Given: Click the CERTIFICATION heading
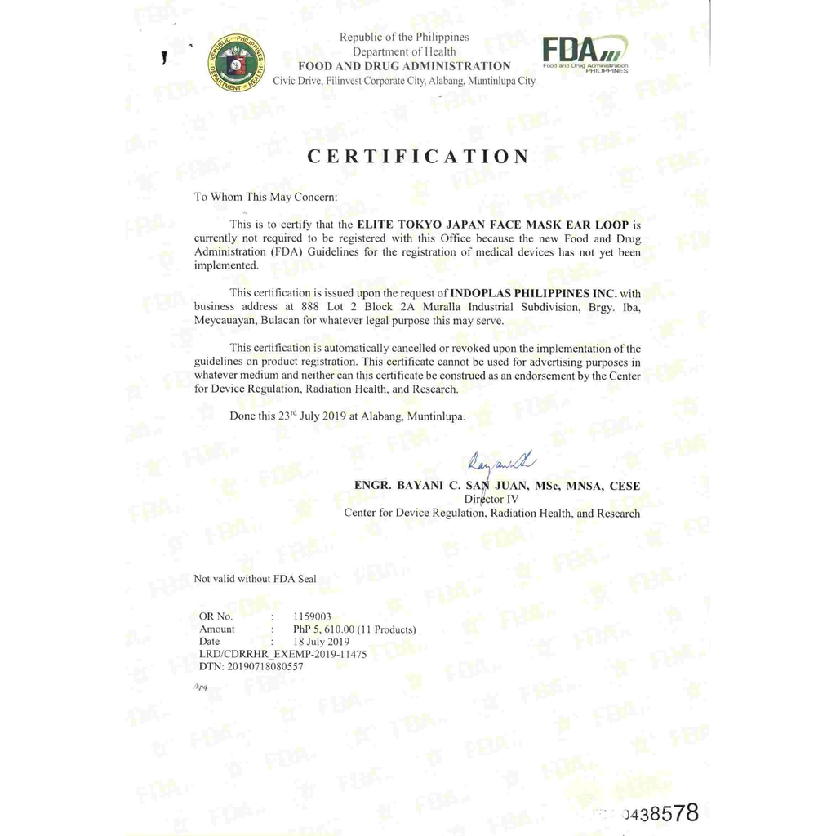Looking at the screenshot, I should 418,157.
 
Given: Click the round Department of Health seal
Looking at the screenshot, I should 236,62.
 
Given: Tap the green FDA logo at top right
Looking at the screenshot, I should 585,54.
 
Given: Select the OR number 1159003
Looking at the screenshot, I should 312,616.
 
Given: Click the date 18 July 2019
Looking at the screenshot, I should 320,642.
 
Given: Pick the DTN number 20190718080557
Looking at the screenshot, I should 251,666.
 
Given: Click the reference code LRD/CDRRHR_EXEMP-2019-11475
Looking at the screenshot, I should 282,654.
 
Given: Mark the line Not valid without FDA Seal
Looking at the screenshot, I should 255,579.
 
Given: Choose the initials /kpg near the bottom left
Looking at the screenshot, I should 200,687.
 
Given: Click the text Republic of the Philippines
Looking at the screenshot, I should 404,37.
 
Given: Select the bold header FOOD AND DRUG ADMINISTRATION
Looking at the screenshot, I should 404,66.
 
